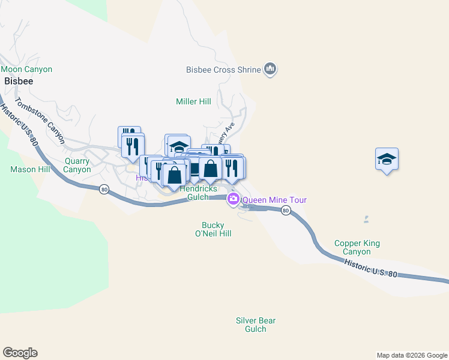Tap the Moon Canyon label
pos(26,70)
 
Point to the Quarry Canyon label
pos(78,165)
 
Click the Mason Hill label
pos(30,169)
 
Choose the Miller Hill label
pos(193,102)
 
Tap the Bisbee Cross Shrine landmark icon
pos(270,70)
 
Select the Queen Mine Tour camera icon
pos(233,200)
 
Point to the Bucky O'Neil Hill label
pos(216,229)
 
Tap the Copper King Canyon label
pos(357,248)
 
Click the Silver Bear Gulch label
pos(256,325)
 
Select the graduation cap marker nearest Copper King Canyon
pos(387,160)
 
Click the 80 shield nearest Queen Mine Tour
pos(285,210)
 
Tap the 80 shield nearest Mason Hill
pos(104,190)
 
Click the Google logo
pos(20,353)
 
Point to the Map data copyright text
pos(412,355)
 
